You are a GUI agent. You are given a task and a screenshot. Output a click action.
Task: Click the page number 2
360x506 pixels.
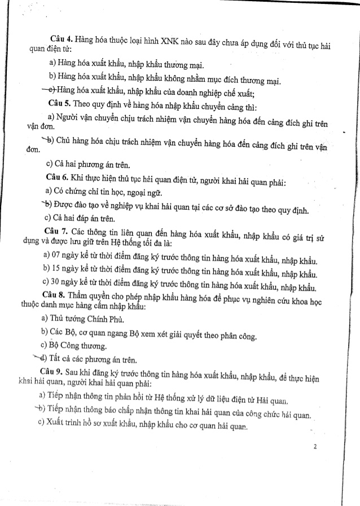coord(315,447)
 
